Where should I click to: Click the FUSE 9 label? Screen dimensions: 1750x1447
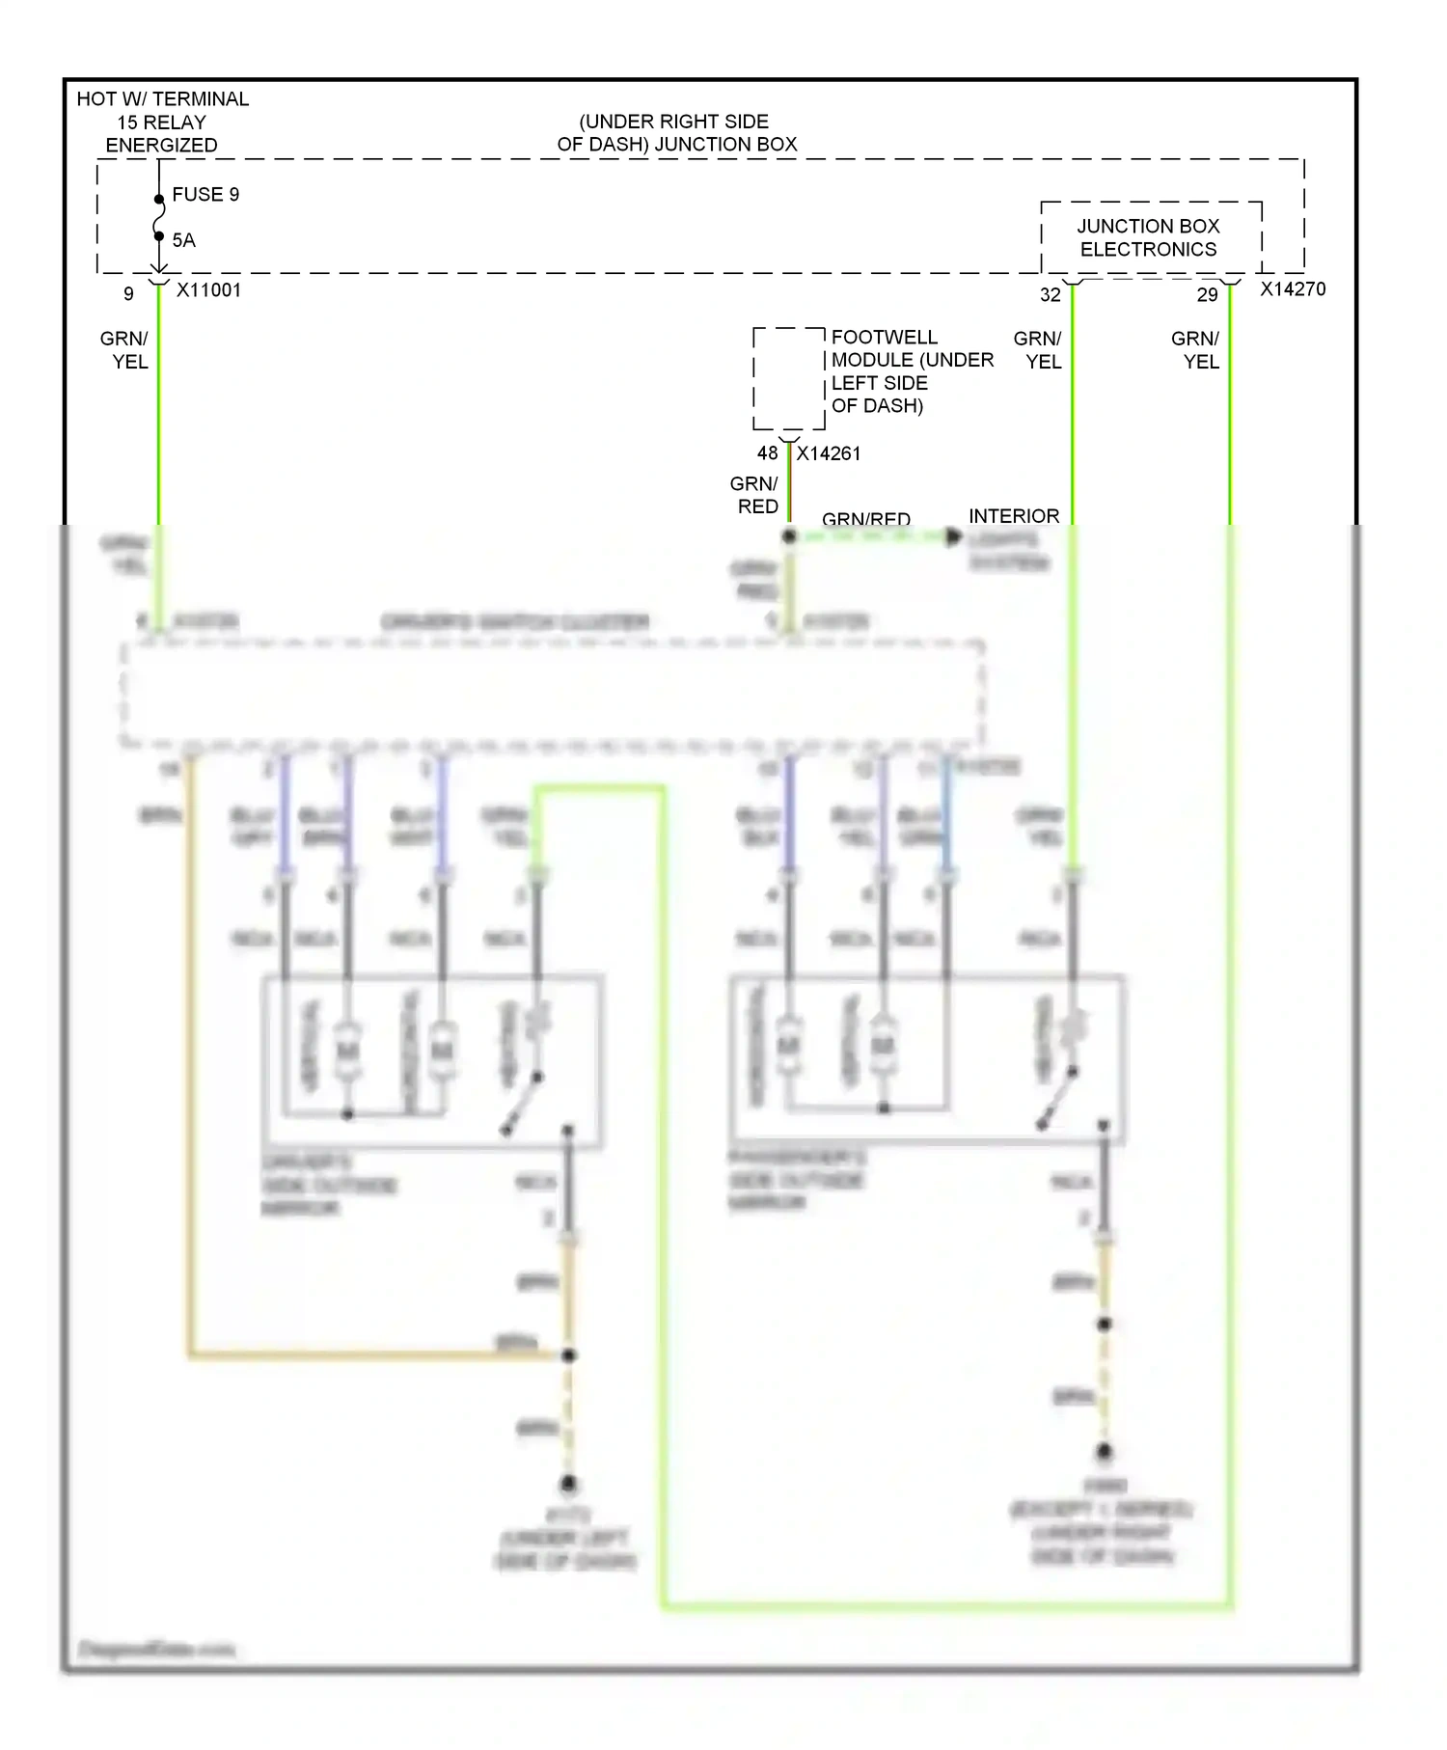(x=205, y=195)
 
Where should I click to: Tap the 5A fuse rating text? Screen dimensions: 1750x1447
(x=183, y=240)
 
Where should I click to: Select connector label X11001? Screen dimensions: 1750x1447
(x=208, y=290)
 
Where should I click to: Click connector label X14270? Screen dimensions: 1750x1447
(x=1293, y=289)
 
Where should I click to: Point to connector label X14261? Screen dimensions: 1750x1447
(x=828, y=453)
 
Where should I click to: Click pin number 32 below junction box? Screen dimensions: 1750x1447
(x=1050, y=295)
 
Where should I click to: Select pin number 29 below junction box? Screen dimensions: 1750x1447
(x=1207, y=295)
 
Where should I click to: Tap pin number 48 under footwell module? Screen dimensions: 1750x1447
(x=767, y=453)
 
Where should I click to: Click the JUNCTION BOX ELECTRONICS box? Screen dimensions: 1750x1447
(x=1150, y=237)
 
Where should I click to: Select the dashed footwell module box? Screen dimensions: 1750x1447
(x=789, y=378)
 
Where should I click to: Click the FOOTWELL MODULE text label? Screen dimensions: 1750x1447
(x=911, y=371)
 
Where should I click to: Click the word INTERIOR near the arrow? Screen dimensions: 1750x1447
(x=1013, y=516)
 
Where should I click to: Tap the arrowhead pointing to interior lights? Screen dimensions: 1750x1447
(x=953, y=536)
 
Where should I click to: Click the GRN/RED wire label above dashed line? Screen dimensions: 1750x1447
(x=865, y=519)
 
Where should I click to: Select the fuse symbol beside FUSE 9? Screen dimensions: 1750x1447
(x=159, y=218)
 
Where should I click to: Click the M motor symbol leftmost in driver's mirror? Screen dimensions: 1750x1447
(x=346, y=1049)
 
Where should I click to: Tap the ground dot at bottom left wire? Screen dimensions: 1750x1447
(x=568, y=1483)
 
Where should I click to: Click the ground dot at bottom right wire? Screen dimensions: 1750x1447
(x=1105, y=1451)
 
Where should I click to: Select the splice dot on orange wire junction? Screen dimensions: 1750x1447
(x=568, y=1355)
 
